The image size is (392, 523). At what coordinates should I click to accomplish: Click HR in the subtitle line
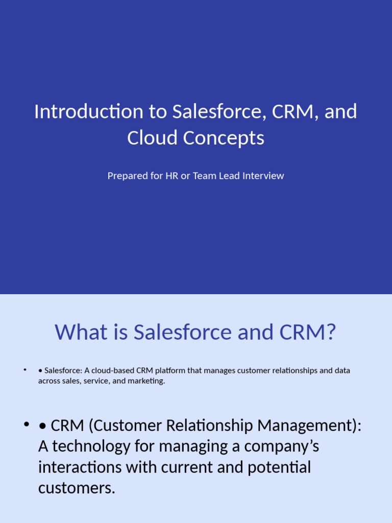tap(171, 176)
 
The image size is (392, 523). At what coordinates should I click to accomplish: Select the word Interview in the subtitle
tap(263, 176)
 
